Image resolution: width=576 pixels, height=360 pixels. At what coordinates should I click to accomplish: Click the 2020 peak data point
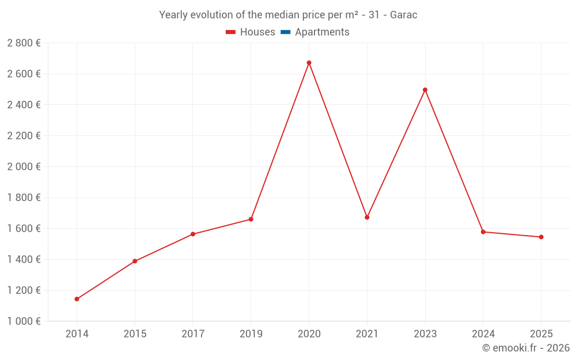coord(309,63)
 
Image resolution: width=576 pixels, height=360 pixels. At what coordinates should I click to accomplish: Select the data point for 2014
coord(77,299)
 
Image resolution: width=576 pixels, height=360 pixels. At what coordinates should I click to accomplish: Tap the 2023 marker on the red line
coord(425,90)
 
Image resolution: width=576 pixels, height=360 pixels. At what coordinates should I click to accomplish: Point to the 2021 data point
coord(367,217)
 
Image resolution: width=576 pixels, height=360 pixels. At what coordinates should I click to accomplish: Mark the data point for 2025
coord(541,237)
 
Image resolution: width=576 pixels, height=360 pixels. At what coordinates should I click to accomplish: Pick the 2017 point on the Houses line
coord(193,234)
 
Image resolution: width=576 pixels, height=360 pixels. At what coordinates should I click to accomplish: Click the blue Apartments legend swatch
coord(285,32)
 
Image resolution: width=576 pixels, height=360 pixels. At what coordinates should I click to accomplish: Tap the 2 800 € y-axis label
coord(24,43)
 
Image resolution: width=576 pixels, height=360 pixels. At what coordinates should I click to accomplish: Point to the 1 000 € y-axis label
coord(24,321)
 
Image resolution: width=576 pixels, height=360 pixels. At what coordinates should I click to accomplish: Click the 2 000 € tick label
coord(24,166)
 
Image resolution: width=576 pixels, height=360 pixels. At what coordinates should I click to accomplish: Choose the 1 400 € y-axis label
coord(24,259)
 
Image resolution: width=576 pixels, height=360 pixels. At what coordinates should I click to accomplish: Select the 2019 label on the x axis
coord(251,334)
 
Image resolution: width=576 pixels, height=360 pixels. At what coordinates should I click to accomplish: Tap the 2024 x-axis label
coord(483,334)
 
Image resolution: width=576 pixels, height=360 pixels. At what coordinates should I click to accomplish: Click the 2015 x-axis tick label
coord(135,334)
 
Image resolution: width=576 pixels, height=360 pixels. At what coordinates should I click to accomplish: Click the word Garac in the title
coord(403,15)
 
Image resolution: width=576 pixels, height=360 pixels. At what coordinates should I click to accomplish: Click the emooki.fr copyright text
coord(525,348)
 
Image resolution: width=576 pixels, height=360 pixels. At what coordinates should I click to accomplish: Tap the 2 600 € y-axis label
coord(24,74)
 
